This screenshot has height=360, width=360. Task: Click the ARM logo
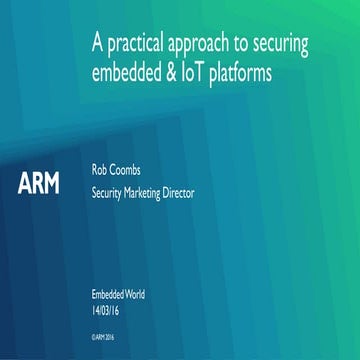pyautogui.click(x=39, y=184)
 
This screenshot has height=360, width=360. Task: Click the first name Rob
pyautogui.click(x=100, y=171)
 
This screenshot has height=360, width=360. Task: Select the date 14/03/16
pyautogui.click(x=108, y=308)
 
